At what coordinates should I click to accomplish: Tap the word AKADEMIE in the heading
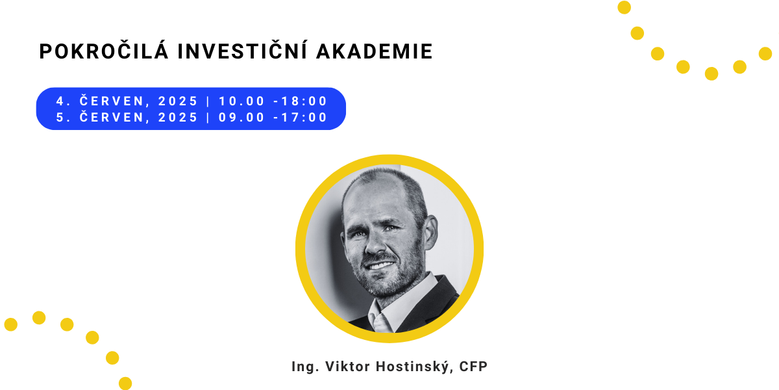(374, 51)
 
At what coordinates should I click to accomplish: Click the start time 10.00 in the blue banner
(241, 101)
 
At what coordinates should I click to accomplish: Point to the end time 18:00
(304, 101)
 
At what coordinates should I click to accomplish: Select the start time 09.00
(241, 118)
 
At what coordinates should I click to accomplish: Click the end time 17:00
(304, 118)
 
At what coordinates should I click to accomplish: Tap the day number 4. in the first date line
(64, 101)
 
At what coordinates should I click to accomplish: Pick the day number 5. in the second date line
(64, 118)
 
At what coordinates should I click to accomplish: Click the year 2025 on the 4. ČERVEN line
(178, 101)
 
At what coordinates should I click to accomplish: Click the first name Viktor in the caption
(347, 367)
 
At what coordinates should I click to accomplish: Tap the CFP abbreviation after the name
(473, 367)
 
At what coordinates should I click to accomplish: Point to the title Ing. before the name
(305, 367)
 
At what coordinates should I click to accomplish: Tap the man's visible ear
(430, 231)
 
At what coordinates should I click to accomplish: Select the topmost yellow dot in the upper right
(624, 7)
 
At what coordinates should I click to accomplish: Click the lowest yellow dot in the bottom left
(125, 383)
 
